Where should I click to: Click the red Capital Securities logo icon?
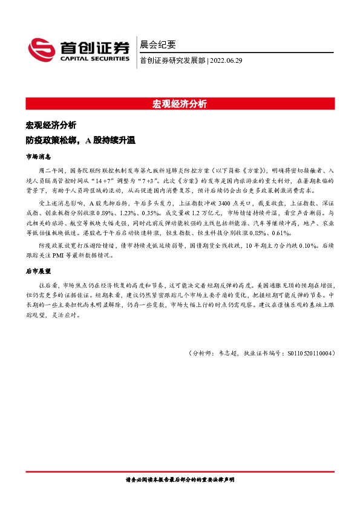tap(42, 50)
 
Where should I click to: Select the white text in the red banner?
tap(179, 103)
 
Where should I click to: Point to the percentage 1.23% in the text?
tap(136, 213)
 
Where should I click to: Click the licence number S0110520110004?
tap(306, 353)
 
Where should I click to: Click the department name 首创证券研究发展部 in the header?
tap(172, 60)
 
